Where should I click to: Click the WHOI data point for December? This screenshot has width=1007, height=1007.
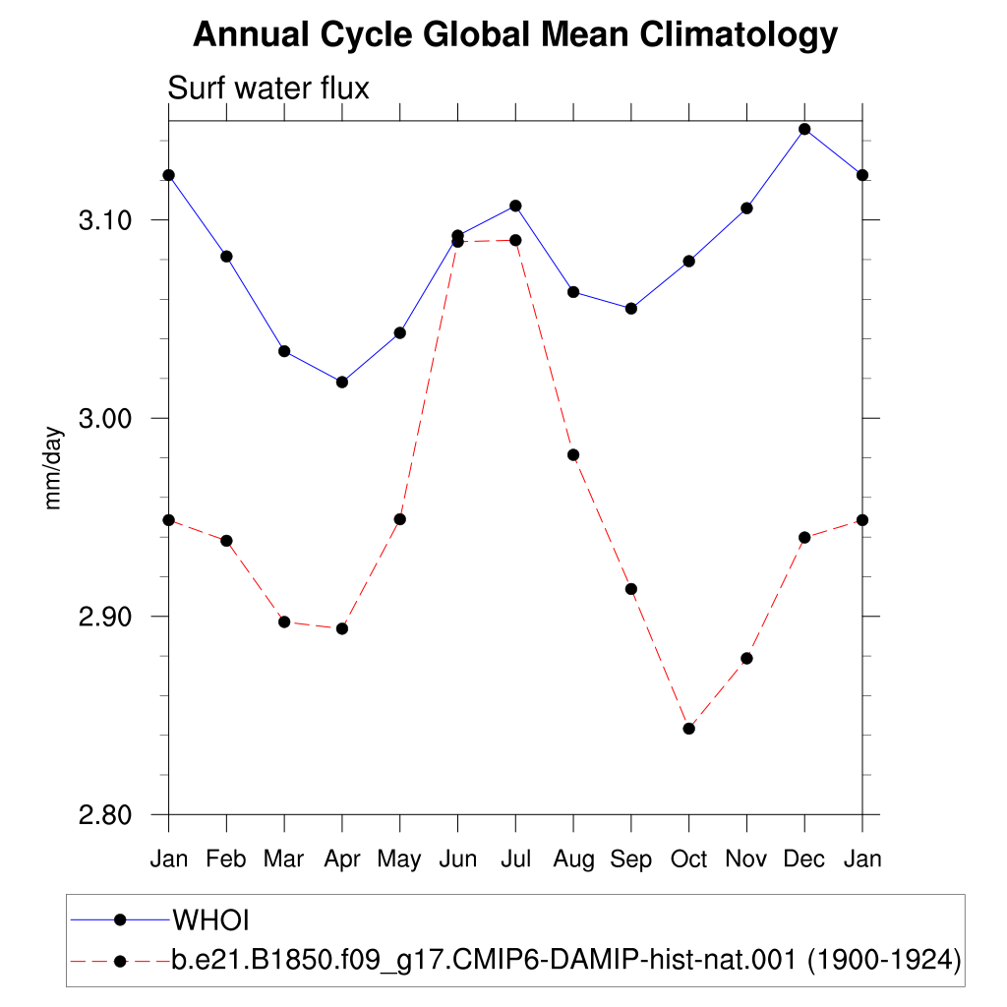[804, 129]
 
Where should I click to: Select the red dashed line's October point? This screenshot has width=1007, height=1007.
[689, 729]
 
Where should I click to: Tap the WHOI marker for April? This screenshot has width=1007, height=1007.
[342, 383]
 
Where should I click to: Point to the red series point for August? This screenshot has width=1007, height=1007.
[573, 454]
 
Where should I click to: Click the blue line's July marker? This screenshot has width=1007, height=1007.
[515, 206]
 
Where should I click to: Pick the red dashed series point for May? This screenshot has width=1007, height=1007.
[400, 519]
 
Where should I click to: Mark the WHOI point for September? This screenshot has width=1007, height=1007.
[631, 308]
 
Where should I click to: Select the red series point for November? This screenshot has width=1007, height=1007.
[747, 658]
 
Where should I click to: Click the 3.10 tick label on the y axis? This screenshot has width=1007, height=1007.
[104, 220]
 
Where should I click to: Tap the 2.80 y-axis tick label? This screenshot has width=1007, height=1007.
[104, 815]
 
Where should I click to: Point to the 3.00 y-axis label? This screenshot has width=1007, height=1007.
[104, 419]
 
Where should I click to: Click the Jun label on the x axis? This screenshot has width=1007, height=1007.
[458, 859]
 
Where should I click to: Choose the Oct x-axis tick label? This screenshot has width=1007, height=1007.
[689, 859]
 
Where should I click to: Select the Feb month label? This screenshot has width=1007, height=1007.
[226, 859]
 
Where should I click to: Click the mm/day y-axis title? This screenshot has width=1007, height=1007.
[53, 468]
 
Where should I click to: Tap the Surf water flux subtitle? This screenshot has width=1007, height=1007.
[268, 88]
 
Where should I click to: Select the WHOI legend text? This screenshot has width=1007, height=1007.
[210, 920]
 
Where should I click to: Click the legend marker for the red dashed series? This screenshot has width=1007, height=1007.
[120, 962]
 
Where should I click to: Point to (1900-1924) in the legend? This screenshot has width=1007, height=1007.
[884, 960]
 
